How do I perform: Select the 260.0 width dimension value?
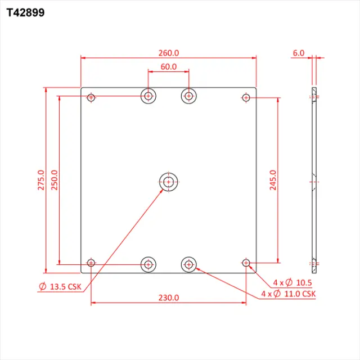(x=168, y=53)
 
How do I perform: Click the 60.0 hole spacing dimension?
(x=168, y=66)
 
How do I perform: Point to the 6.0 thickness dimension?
(x=298, y=53)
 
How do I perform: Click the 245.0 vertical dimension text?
(x=273, y=181)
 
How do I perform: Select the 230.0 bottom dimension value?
(x=168, y=298)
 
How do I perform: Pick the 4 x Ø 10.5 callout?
(x=292, y=282)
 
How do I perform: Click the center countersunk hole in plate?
(x=168, y=181)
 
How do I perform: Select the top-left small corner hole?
(x=91, y=98)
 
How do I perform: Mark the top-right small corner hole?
(x=246, y=98)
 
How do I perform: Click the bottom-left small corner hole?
(x=91, y=263)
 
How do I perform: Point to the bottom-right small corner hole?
(x=246, y=263)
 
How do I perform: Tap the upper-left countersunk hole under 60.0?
(x=148, y=96)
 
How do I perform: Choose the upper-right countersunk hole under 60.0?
(x=188, y=96)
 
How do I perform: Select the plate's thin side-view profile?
(x=314, y=180)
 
